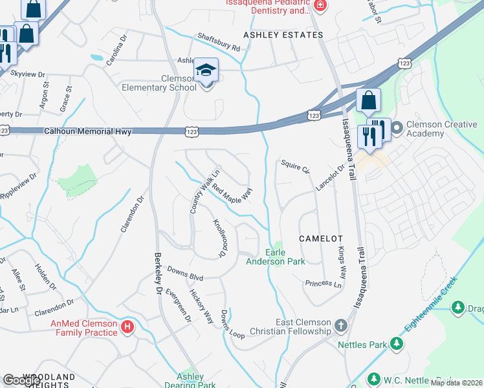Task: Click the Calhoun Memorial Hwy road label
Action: (88, 131)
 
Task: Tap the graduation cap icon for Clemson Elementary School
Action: (206, 70)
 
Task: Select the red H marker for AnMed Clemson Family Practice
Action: (128, 327)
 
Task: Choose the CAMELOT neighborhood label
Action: (316, 239)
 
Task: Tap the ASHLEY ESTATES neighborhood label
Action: (283, 35)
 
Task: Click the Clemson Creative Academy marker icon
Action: (396, 127)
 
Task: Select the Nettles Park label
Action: (362, 344)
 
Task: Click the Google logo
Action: (21, 380)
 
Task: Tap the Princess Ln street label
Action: (323, 283)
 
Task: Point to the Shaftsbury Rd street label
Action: (219, 43)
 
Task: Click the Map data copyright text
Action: (456, 383)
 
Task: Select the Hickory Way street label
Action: (201, 307)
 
